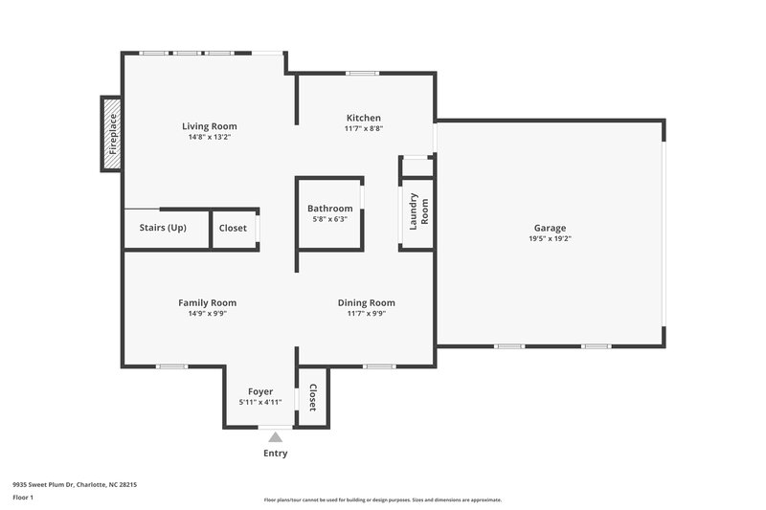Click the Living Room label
point(210,126)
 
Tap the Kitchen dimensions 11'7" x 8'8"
point(364,129)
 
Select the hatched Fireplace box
point(112,134)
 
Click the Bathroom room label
point(329,209)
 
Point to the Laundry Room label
point(418,211)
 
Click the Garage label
point(550,228)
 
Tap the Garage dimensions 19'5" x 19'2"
point(550,239)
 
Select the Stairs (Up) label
point(163,228)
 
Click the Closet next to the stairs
point(233,228)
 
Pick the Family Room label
point(207,302)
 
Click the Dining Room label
point(366,302)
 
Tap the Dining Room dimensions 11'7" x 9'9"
point(366,313)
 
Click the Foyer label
point(260,391)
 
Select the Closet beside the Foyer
point(312,396)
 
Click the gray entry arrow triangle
point(275,436)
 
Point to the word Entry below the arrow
point(275,454)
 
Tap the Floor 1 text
point(23,499)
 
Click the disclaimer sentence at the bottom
point(382,499)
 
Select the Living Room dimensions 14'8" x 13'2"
point(210,137)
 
